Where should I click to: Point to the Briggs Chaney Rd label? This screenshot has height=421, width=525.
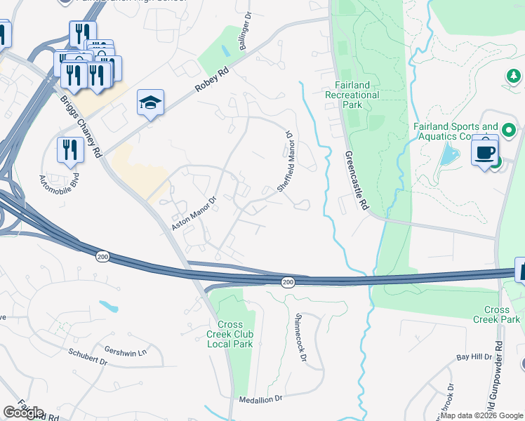click(83, 127)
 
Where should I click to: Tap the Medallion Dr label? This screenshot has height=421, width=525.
click(260, 398)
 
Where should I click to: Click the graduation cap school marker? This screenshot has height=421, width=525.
click(150, 102)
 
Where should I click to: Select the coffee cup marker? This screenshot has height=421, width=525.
click(484, 151)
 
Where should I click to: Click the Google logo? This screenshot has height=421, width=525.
click(23, 413)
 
